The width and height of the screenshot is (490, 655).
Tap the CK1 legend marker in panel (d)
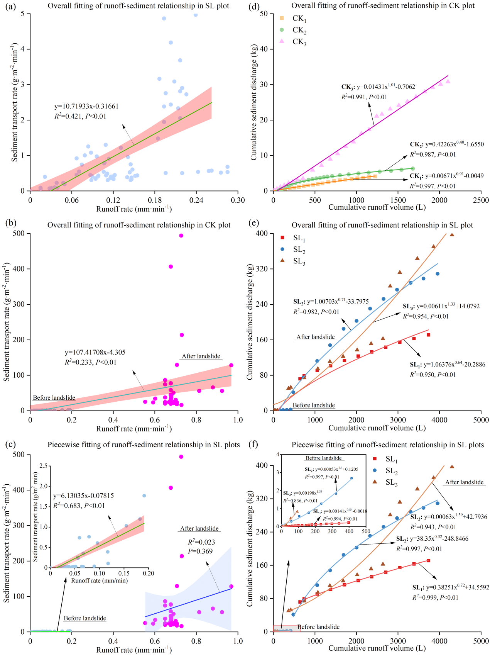coord(282,18)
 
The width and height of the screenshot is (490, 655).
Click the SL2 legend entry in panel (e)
coord(299,250)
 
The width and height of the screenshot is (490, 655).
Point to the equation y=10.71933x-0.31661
coord(86,106)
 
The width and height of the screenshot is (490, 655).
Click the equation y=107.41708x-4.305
coord(95,352)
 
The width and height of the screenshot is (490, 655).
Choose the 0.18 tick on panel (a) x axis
coord(155,200)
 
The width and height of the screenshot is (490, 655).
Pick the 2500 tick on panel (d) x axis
coord(481,200)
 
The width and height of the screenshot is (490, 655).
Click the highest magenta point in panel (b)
coord(181,236)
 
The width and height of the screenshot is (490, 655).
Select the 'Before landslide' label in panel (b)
coord(54,398)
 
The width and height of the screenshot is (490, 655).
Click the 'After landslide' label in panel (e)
coord(316,337)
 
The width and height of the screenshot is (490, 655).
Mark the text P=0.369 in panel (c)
coord(200,551)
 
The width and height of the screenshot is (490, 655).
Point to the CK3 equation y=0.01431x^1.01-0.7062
coord(378,87)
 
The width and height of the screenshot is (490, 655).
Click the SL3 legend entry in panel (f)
coord(391,482)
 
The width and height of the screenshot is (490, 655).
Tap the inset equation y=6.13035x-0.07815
coord(83,495)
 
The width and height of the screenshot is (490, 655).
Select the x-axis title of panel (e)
coord(377,428)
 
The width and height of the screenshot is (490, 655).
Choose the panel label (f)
coord(253,445)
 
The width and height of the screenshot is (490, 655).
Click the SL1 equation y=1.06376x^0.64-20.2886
coord(448,365)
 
